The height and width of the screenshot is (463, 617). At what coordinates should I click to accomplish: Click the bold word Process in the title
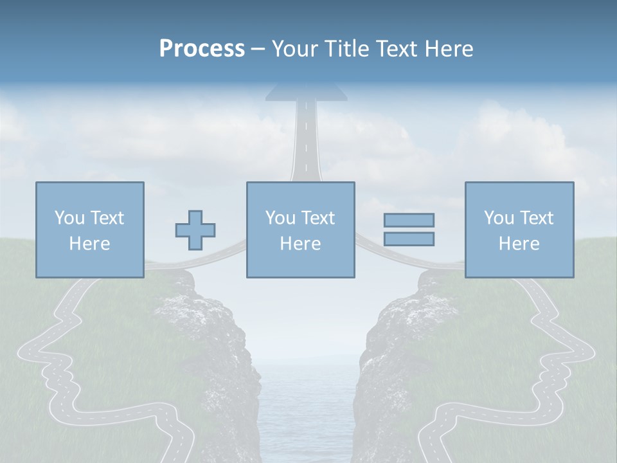point(202,49)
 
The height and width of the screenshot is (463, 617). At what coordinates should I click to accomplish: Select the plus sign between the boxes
point(195,230)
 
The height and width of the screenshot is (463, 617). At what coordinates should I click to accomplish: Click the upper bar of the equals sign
point(409,220)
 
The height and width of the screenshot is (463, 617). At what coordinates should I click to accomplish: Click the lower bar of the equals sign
point(409,239)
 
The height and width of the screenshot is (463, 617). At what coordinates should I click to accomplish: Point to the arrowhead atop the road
point(306,91)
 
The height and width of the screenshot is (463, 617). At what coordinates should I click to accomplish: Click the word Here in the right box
point(519,244)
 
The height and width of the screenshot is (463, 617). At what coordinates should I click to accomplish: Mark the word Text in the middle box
point(318,218)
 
